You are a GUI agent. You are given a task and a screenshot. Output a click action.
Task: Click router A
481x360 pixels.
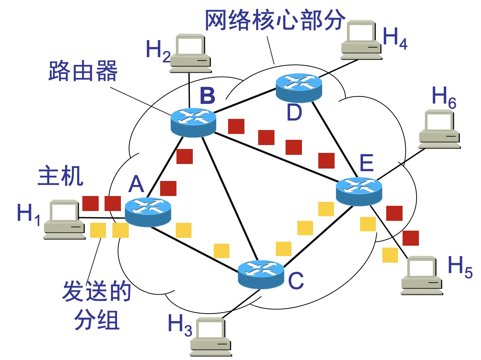pos(148,212)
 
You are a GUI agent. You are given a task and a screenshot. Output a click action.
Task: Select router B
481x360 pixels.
pos(193,122)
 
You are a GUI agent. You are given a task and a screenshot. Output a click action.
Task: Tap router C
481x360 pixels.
pos(261,274)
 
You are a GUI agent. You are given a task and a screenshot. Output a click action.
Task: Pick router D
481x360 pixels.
pos(299,87)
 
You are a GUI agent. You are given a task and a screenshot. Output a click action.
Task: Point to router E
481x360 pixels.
pos(359,191)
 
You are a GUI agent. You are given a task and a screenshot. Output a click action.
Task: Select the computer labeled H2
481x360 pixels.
pos(190,53)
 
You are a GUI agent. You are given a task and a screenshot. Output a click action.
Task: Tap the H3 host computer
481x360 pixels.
pos(210,336)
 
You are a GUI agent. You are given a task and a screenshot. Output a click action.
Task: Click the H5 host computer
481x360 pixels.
pos(422,275)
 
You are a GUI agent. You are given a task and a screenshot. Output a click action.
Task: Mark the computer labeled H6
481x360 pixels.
pos(439,129)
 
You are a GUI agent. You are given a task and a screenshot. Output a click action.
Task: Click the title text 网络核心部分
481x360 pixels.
pos(274,20)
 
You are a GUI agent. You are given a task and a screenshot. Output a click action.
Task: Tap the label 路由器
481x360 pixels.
pos(83,71)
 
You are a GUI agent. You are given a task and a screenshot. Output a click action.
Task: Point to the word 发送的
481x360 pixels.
pos(97,291)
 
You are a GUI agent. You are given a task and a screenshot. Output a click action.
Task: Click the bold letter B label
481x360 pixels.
pos(207,96)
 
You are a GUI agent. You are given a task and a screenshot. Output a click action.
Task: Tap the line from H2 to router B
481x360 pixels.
pos(189,90)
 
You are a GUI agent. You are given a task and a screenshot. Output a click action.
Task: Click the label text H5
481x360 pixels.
pos(460,266)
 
